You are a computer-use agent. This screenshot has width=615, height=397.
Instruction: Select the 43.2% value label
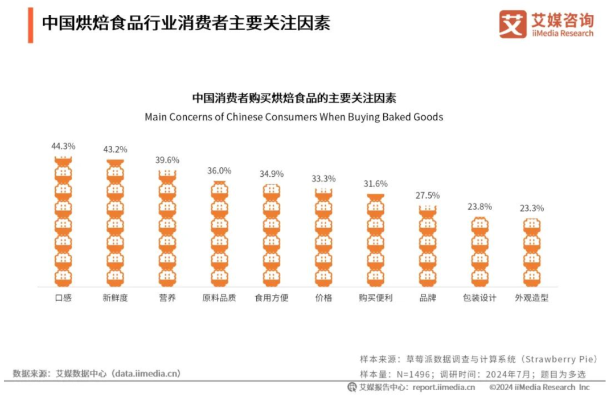[115, 149]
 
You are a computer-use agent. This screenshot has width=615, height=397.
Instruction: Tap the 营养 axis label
[167, 298]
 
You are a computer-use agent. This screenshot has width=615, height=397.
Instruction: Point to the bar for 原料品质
[219, 234]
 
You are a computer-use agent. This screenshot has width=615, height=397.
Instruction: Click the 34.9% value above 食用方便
[272, 174]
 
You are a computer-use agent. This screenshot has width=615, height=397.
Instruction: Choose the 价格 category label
[323, 298]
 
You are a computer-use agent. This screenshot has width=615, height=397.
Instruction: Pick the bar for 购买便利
[375, 240]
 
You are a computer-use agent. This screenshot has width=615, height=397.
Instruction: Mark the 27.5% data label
[428, 195]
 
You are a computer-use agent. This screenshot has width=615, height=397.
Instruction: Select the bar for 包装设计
[479, 252]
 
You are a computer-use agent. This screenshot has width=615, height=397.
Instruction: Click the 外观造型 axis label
[531, 298]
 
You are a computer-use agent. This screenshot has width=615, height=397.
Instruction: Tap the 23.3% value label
[531, 208]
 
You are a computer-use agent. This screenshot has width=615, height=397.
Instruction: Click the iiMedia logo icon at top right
[512, 25]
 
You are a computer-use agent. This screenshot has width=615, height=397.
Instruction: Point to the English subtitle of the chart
[293, 117]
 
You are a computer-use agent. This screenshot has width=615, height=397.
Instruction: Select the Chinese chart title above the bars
[293, 98]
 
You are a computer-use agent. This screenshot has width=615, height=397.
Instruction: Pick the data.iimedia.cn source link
[146, 374]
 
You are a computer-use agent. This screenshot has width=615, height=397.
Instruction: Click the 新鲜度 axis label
[115, 298]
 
